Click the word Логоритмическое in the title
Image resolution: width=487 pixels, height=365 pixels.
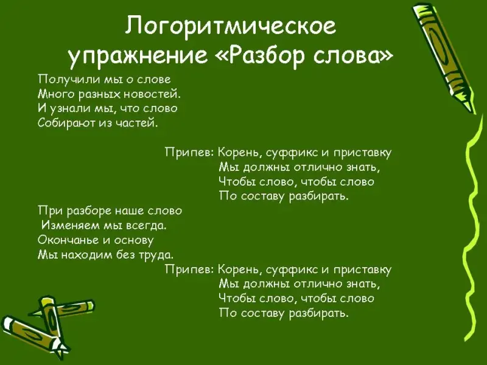click(231, 27)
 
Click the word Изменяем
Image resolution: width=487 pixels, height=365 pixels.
click(71, 225)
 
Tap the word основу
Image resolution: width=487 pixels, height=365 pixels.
click(134, 240)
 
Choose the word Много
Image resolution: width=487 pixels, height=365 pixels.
click(57, 94)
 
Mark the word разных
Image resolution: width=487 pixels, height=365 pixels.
click(99, 94)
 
